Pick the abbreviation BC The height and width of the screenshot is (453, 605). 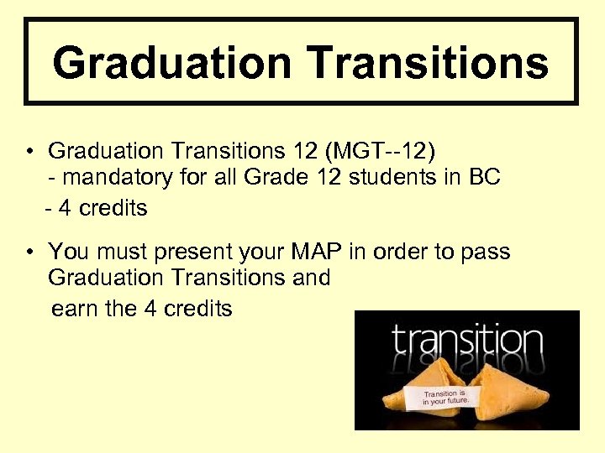coord(485,179)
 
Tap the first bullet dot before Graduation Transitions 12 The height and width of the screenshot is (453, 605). coord(29,153)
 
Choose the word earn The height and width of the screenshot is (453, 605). coord(75,309)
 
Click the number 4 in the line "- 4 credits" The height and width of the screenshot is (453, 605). coord(65,207)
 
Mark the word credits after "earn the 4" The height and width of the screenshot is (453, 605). coord(197,309)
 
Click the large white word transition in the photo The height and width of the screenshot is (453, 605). coord(466,342)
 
